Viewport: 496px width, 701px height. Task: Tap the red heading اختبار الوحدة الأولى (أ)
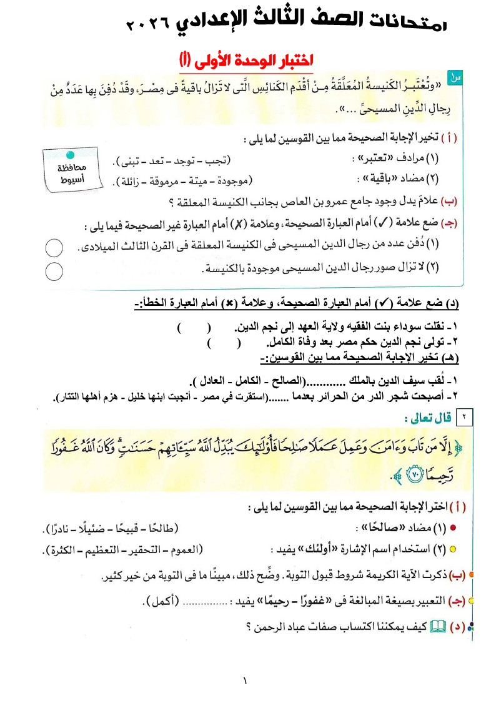tap(246, 61)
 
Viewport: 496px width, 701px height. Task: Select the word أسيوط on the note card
tap(72, 179)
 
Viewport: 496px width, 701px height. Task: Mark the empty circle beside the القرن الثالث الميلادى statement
tap(54, 248)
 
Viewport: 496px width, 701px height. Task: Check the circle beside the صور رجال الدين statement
tap(54, 271)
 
